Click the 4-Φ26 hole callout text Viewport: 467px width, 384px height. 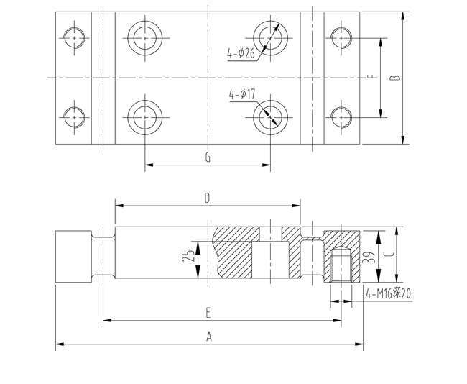(x=241, y=53)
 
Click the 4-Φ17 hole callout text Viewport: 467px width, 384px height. (x=242, y=94)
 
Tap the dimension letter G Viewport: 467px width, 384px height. (x=208, y=157)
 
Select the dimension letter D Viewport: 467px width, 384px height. (x=208, y=198)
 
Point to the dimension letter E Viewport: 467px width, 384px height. (x=208, y=313)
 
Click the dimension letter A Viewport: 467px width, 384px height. (x=209, y=337)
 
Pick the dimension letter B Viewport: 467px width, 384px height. (x=395, y=78)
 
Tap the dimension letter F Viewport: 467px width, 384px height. (x=371, y=78)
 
